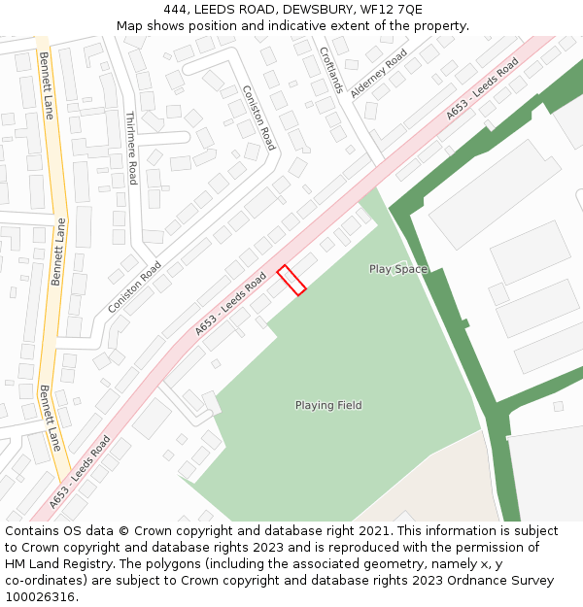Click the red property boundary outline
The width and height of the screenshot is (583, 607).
(x=291, y=280)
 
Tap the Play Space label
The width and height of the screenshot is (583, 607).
(x=397, y=269)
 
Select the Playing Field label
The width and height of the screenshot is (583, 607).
(x=328, y=405)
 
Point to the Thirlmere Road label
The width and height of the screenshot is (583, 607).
(x=131, y=148)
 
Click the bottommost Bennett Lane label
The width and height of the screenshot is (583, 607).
(x=51, y=418)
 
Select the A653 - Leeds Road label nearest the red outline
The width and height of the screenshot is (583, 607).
(x=230, y=304)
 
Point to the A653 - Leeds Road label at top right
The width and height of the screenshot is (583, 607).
(x=482, y=88)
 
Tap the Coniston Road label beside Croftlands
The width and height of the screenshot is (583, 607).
(x=259, y=117)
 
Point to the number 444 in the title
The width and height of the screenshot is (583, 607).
(x=176, y=10)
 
